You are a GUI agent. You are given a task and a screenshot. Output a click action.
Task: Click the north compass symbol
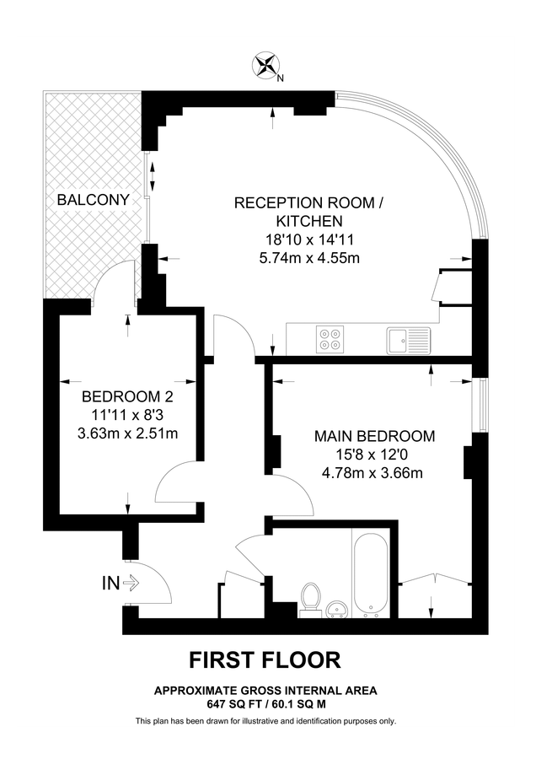[267, 66]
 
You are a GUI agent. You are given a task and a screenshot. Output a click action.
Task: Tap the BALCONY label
[93, 200]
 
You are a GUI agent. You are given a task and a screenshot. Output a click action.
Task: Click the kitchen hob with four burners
[330, 340]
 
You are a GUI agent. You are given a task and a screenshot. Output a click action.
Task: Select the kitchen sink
[409, 341]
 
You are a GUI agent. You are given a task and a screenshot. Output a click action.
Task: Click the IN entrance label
[110, 582]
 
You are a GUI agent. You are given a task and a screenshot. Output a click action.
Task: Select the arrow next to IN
[131, 582]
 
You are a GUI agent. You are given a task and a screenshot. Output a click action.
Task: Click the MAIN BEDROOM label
[374, 436]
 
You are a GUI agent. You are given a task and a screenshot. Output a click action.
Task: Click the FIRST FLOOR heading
[265, 659]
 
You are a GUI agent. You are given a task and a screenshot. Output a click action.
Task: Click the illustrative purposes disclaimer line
[265, 721]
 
